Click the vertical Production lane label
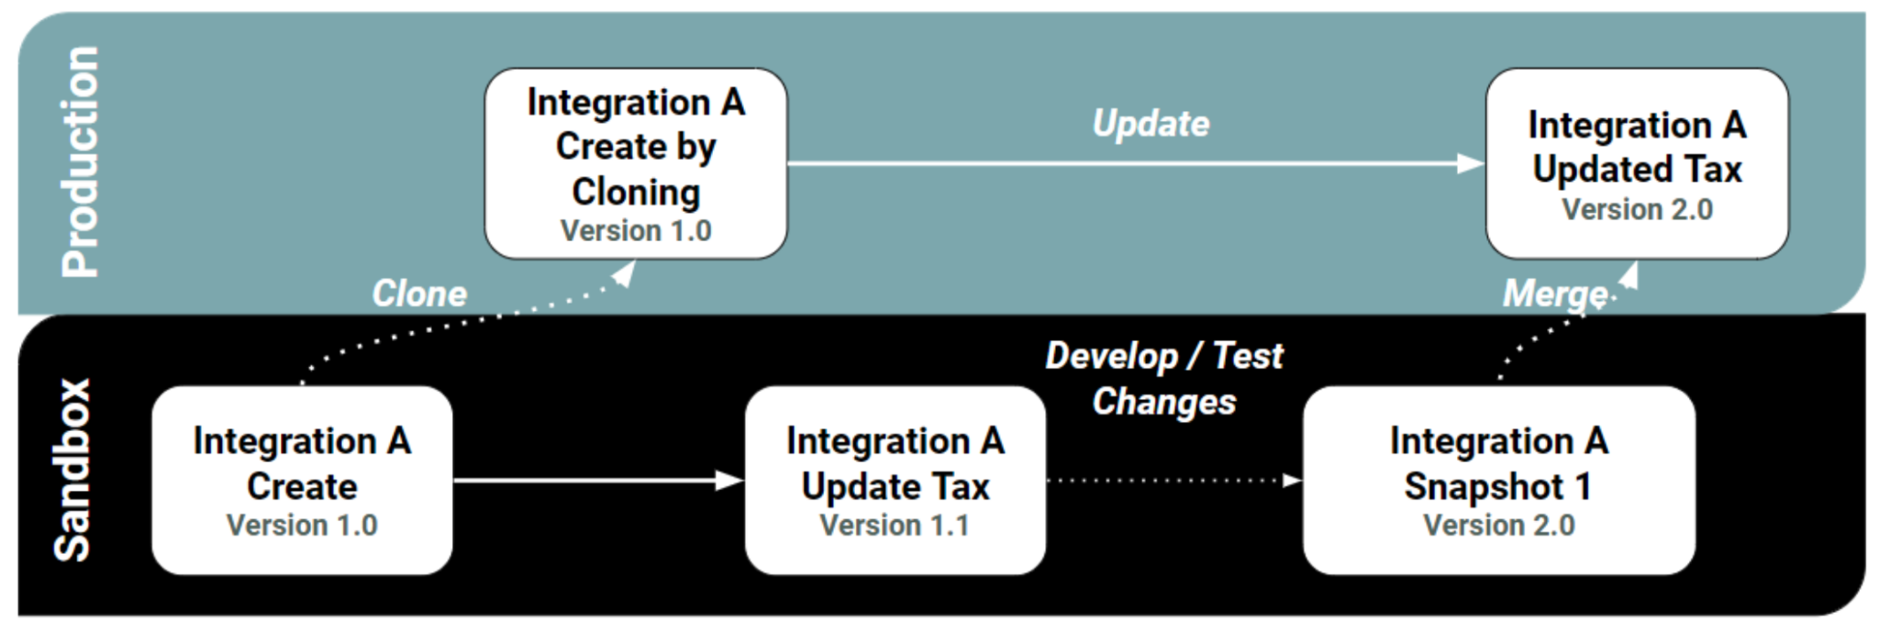pos(81,161)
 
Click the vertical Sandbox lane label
pos(73,470)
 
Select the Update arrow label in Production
pos(1151,124)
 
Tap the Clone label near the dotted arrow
pos(419,294)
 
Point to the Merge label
pos(1554,294)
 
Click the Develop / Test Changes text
pos(1163,378)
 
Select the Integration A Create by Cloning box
pos(635,163)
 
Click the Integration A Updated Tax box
pos(1637,163)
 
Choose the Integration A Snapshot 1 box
pos(1498,480)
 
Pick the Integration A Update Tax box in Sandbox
pos(895,480)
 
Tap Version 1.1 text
pos(895,526)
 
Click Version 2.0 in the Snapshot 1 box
pos(1498,526)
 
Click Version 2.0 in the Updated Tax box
pos(1637,210)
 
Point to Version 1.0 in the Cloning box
pos(636,231)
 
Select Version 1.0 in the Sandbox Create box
pos(302,526)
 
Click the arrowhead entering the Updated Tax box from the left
pos(1471,164)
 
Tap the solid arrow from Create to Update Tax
pos(596,480)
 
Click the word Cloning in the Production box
pos(636,193)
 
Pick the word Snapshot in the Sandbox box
pos(1484,486)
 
